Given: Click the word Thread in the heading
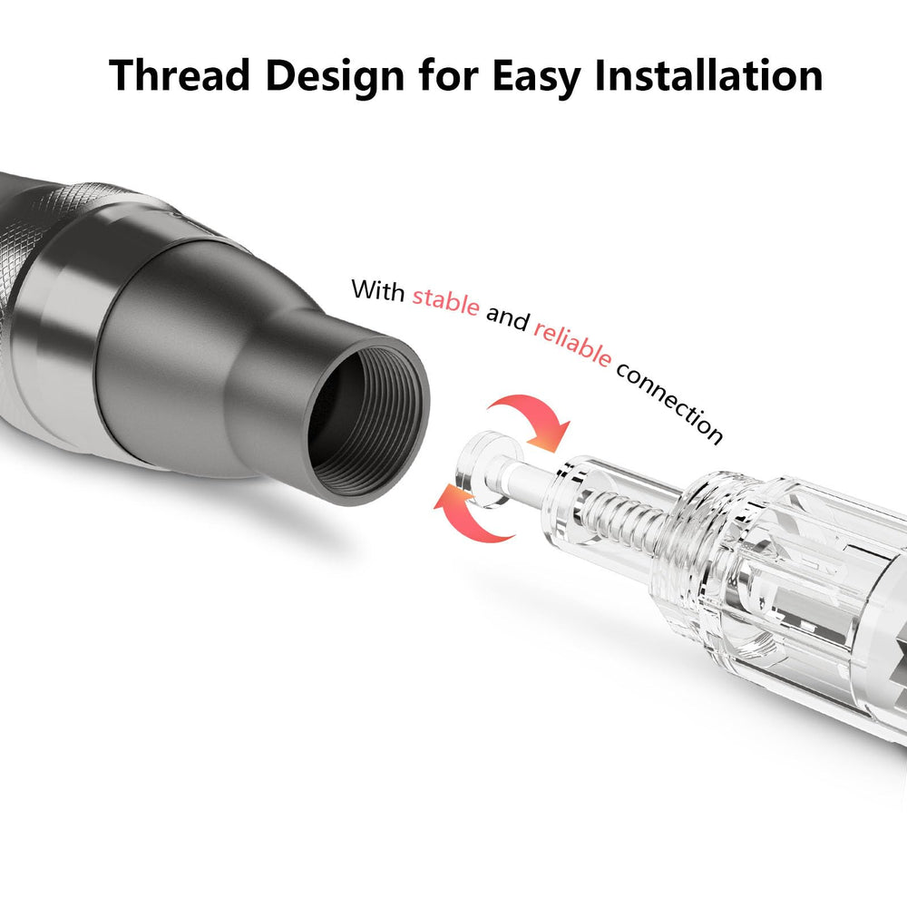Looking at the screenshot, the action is [180, 75].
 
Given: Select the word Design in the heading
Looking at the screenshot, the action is [335, 76].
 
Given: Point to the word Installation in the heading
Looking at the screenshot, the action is [708, 75].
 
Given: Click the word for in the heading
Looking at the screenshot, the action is [448, 75].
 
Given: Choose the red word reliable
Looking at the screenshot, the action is [572, 344].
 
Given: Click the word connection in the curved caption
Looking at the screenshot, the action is [669, 403].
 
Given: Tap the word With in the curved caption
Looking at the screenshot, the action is [377, 290].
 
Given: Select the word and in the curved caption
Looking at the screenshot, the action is [507, 317].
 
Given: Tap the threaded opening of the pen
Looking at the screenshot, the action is [366, 421].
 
